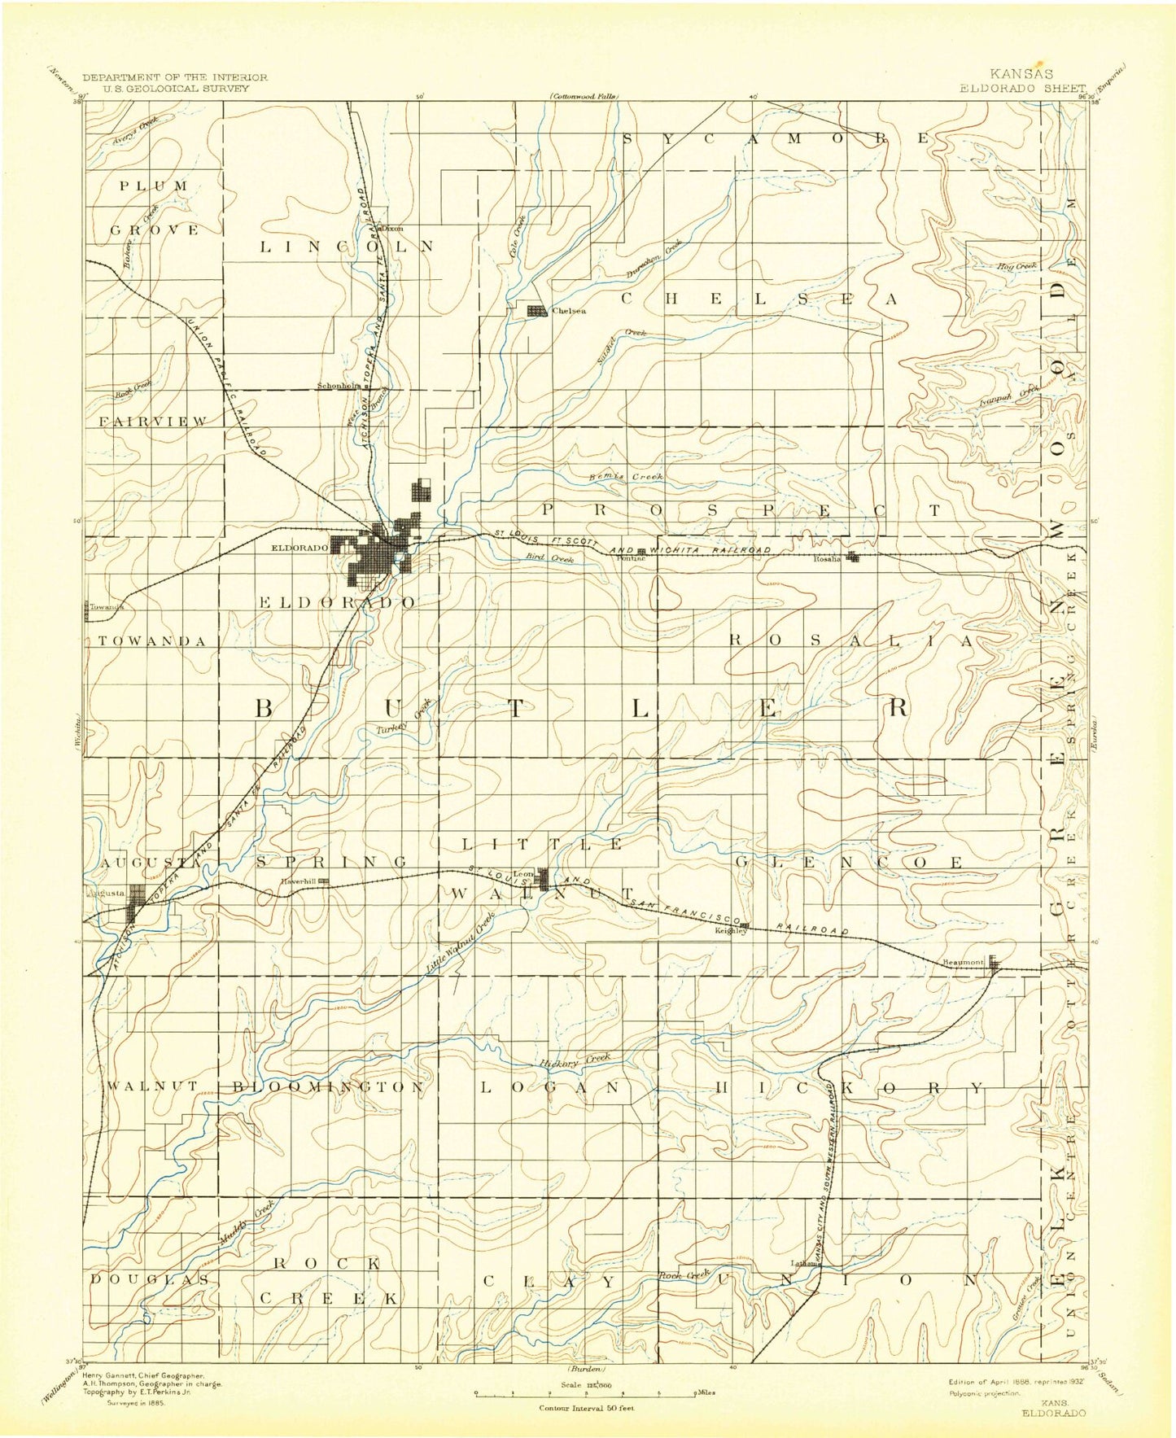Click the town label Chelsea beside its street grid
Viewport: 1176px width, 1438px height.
click(x=569, y=310)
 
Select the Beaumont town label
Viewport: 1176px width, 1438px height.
click(x=963, y=963)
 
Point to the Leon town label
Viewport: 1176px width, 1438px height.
click(x=522, y=874)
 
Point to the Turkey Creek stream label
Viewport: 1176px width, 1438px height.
click(x=403, y=719)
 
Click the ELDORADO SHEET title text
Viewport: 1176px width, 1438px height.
click(x=1022, y=88)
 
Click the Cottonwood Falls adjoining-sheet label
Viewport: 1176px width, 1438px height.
click(x=584, y=96)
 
